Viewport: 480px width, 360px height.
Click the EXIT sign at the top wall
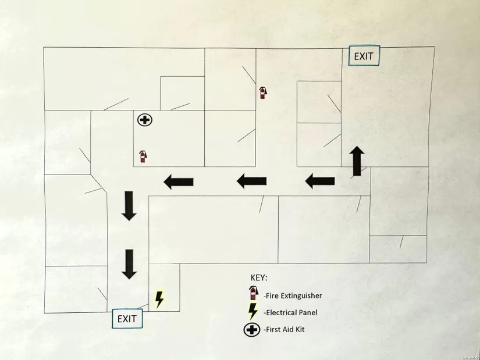click(x=364, y=56)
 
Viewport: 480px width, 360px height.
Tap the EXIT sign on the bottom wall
click(x=127, y=319)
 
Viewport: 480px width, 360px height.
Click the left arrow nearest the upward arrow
click(x=320, y=181)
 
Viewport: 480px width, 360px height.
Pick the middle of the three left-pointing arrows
click(x=251, y=181)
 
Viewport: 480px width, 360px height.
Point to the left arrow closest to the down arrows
click(x=179, y=182)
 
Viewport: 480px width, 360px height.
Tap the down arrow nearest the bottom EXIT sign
click(x=129, y=264)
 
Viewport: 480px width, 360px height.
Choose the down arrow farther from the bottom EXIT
click(x=129, y=206)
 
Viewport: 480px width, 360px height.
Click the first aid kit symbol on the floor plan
click(x=145, y=120)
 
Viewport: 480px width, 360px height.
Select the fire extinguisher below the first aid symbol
click(x=143, y=156)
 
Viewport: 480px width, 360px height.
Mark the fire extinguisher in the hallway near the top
click(x=262, y=92)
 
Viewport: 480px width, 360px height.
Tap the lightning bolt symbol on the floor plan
click(x=159, y=300)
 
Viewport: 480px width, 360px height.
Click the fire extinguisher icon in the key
click(x=253, y=293)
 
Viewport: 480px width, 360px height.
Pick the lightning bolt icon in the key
click(x=253, y=311)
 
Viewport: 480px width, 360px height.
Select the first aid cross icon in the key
click(x=251, y=330)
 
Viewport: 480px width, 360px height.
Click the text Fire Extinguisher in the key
click(x=293, y=295)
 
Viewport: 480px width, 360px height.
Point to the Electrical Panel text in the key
click(x=290, y=312)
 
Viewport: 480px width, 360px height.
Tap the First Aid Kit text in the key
click(x=284, y=329)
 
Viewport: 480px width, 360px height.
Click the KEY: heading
click(x=259, y=277)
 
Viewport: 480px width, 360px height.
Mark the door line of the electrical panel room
click(x=143, y=306)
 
